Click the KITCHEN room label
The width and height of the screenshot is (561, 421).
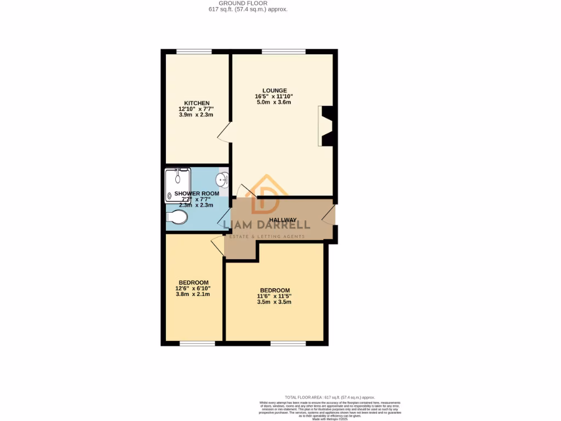coord(196,103)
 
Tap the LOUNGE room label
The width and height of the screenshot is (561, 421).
coord(274,90)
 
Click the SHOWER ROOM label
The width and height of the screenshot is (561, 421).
coord(197,194)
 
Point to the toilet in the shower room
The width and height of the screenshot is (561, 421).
coord(177,218)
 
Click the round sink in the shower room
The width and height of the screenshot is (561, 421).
coord(222,179)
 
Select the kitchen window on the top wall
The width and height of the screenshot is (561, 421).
coord(193,52)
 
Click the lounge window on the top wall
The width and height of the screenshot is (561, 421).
coord(283,52)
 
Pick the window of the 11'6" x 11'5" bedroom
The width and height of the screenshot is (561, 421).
coord(288,344)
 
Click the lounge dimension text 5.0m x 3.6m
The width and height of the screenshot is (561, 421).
coord(274,103)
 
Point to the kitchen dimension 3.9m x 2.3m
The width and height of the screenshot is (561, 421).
coord(196,115)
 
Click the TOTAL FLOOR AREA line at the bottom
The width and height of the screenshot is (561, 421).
coord(330,397)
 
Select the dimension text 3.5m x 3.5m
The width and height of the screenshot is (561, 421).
coord(274,303)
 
